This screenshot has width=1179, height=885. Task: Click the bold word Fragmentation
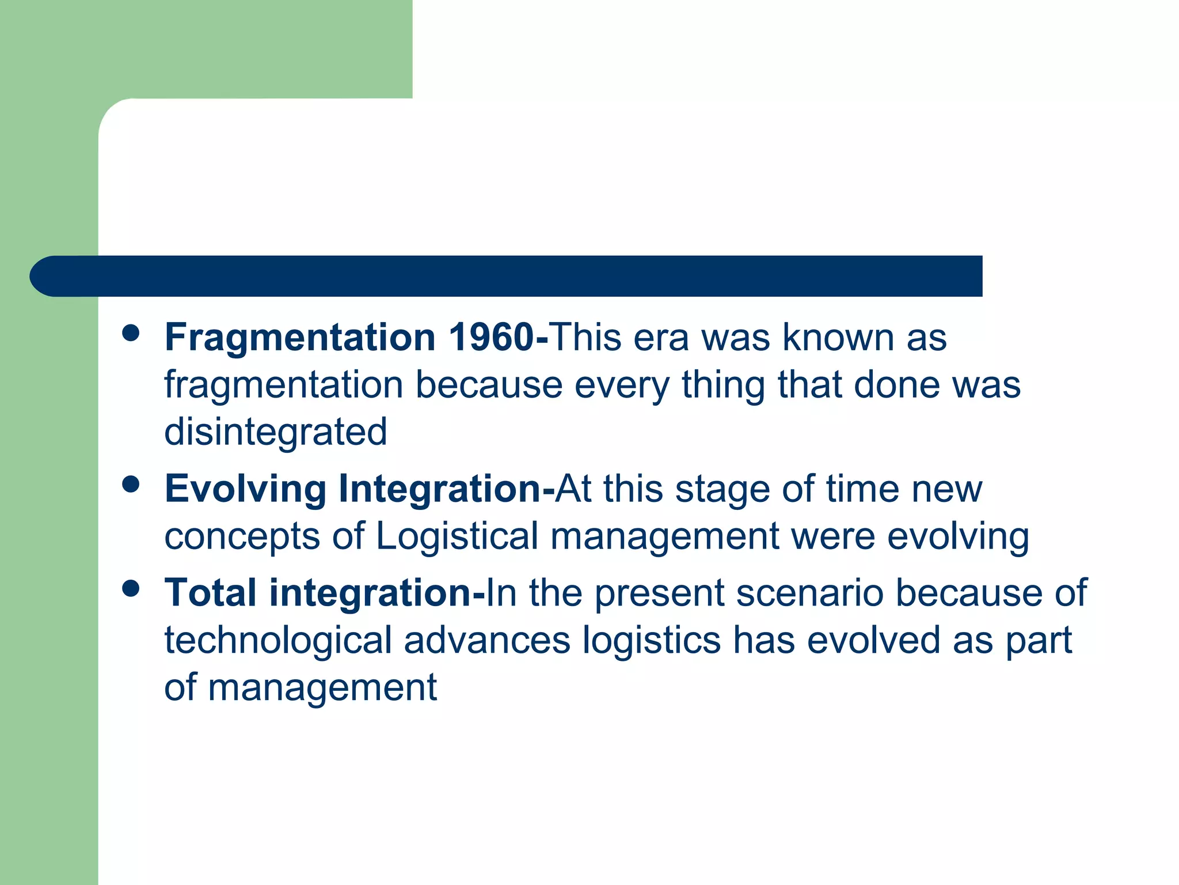click(x=300, y=338)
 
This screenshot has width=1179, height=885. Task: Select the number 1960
click(x=491, y=337)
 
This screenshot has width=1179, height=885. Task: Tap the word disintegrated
click(x=276, y=432)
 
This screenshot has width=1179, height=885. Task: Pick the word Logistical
click(x=457, y=536)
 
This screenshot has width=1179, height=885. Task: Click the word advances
click(x=487, y=640)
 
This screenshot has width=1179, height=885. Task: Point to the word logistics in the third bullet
click(x=651, y=640)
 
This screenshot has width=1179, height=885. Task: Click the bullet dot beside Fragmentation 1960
click(x=131, y=333)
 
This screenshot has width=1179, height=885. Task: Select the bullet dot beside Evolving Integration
click(x=131, y=484)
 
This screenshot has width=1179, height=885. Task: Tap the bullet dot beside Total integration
click(x=131, y=588)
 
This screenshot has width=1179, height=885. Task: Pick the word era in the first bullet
click(x=661, y=338)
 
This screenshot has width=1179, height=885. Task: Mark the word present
click(x=659, y=593)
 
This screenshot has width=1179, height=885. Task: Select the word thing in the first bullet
click(x=724, y=385)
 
